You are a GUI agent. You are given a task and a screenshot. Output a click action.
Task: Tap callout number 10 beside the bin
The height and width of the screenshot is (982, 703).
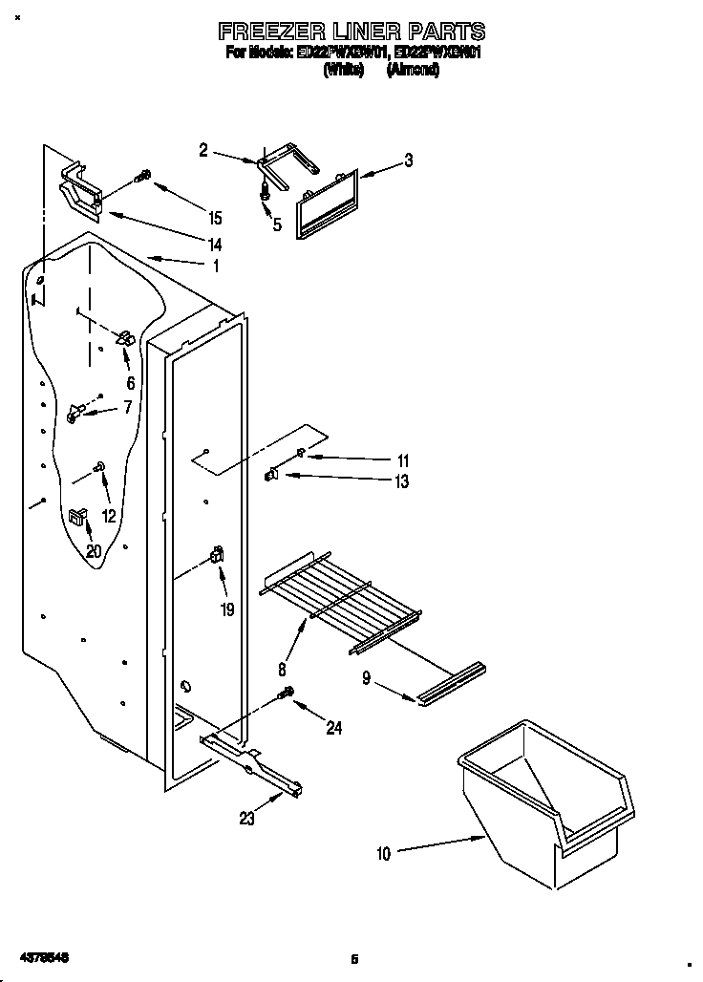(x=383, y=854)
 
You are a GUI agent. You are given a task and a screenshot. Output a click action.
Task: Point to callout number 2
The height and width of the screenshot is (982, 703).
(x=203, y=149)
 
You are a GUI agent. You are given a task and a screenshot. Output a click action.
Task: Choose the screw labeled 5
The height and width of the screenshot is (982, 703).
(x=265, y=194)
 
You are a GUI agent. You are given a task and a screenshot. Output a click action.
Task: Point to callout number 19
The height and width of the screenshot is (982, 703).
(x=227, y=608)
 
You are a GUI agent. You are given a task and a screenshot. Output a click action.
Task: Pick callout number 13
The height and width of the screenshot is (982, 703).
(x=402, y=481)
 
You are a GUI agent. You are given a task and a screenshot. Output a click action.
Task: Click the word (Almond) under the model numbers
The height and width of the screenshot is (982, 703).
(x=413, y=71)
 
